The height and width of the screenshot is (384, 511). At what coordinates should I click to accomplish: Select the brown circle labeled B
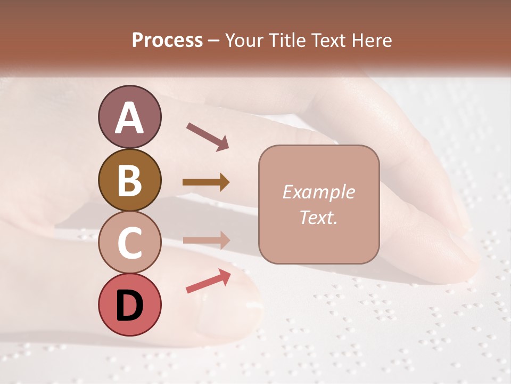[129, 180]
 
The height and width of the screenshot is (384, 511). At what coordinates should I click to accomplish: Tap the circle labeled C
[129, 243]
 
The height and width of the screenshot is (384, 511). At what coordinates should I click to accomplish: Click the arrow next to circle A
[208, 136]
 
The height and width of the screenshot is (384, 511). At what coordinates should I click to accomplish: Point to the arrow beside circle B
[206, 182]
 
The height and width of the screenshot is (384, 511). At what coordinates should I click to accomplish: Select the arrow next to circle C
[206, 241]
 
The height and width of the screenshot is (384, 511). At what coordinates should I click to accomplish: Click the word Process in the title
[167, 41]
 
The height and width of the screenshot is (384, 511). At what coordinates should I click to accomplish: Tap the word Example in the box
[318, 192]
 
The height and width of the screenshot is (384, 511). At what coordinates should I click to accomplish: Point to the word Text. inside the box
[318, 217]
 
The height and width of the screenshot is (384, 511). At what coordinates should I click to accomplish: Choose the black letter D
[129, 305]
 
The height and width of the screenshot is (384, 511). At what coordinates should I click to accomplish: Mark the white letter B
[129, 180]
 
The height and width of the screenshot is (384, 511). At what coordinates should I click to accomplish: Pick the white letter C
[129, 243]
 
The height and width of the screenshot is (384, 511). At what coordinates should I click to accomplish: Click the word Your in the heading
[244, 41]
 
